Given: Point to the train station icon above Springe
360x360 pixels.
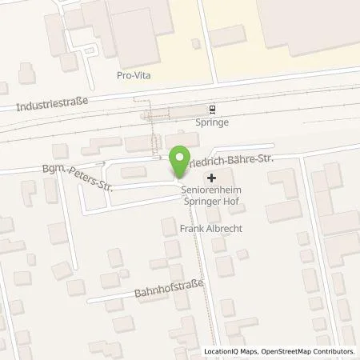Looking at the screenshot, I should [212, 110].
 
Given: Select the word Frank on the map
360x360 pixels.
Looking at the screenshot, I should [190, 229].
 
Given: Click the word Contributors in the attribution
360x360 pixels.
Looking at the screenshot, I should [334, 352].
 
